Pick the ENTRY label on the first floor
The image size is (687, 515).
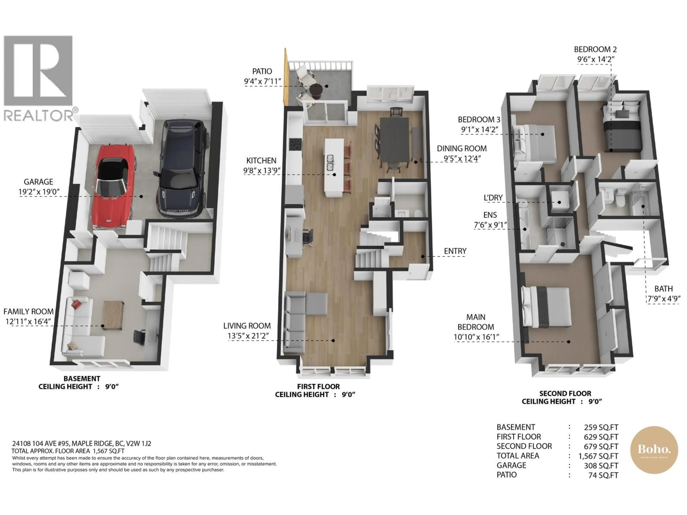(455, 251)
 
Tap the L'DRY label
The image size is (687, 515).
(493, 198)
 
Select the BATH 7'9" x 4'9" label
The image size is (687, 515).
(663, 293)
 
